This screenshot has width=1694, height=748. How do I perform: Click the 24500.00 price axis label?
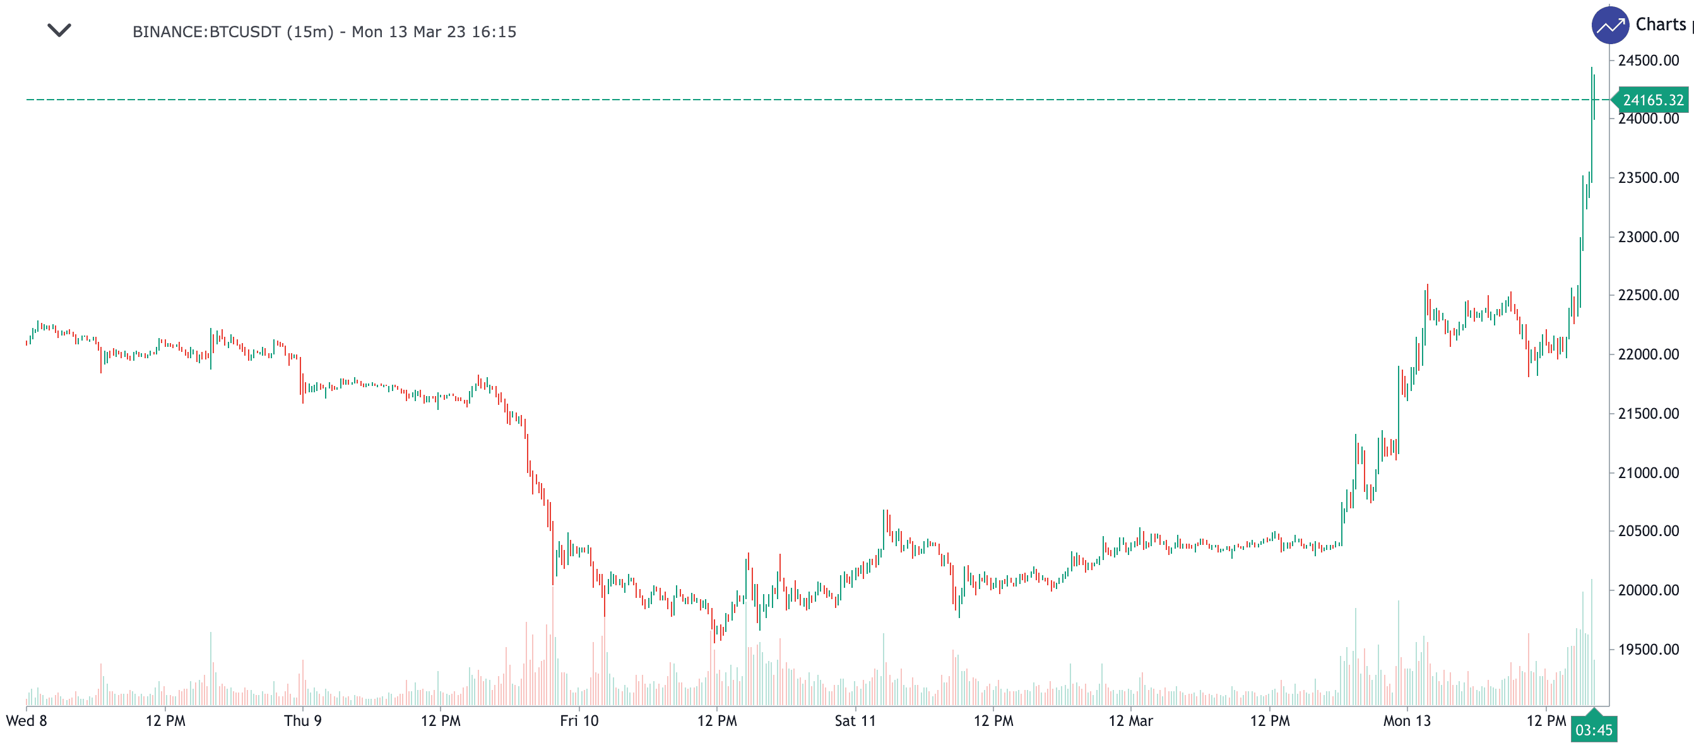1648,61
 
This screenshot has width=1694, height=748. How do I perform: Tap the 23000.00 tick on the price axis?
1648,237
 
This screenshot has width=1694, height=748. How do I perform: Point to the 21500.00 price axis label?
1648,414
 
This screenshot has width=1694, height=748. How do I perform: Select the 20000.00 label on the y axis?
1648,590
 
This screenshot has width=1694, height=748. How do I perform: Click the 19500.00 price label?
1648,650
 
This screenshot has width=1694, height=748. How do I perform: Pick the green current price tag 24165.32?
1652,100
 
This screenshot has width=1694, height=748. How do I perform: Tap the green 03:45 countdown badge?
1594,730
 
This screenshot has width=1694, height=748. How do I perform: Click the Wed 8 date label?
27,721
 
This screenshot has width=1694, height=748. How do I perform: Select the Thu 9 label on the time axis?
302,721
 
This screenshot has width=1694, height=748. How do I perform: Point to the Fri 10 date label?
579,721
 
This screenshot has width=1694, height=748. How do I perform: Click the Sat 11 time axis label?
855,721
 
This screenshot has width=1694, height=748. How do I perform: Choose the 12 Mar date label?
1130,721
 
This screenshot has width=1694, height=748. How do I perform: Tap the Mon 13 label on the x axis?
1407,721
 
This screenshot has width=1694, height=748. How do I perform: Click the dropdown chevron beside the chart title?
59,30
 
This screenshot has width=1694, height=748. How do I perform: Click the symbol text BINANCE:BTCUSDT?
206,32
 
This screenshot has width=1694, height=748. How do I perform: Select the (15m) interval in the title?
310,32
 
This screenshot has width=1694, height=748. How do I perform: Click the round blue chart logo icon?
1610,26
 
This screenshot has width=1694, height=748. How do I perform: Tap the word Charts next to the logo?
1661,25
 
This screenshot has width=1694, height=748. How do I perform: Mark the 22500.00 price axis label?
1648,295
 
